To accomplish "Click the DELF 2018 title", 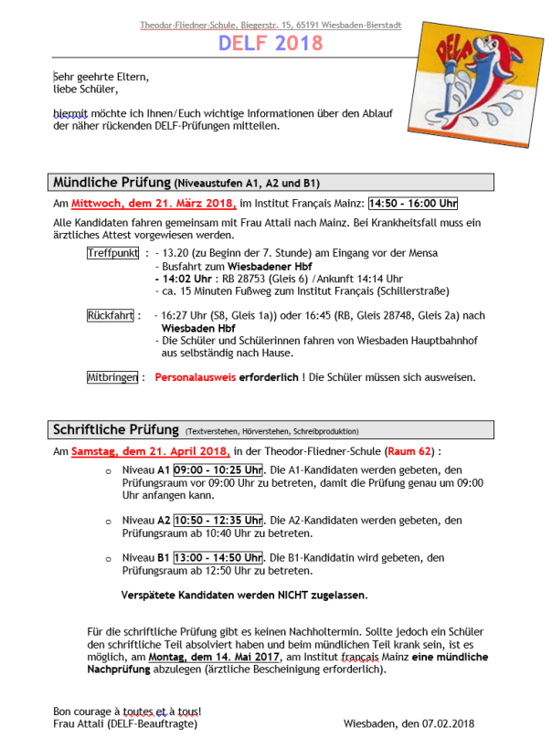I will pyautogui.click(x=271, y=43).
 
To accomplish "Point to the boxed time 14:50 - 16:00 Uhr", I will pyautogui.click(x=413, y=203).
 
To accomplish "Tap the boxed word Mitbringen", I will pyautogui.click(x=113, y=376).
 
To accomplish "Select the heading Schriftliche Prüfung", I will pyautogui.click(x=116, y=429).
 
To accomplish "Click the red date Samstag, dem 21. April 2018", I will pyautogui.click(x=150, y=451).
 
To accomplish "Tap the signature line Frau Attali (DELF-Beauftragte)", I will pyautogui.click(x=125, y=724).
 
